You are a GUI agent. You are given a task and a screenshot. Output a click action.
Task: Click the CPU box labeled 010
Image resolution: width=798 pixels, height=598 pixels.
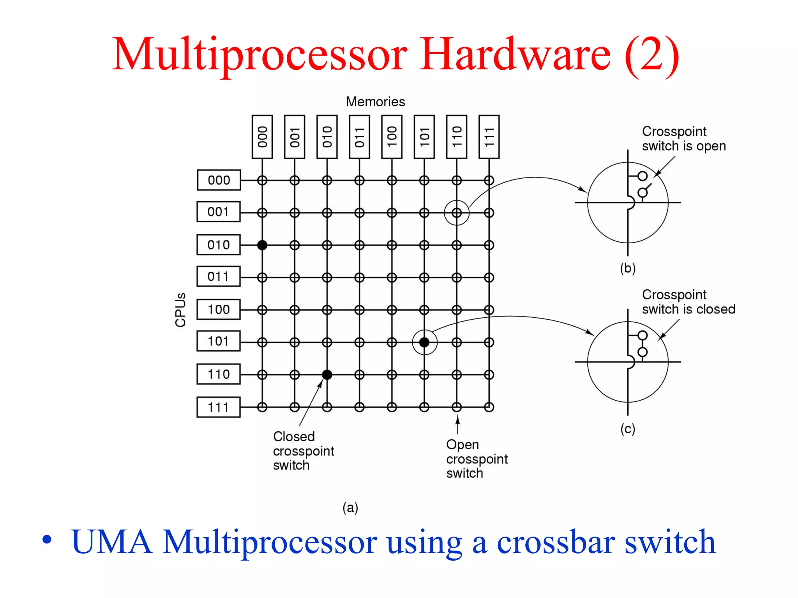click(218, 245)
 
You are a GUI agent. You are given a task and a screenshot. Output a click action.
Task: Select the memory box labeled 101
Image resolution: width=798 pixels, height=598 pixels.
click(424, 137)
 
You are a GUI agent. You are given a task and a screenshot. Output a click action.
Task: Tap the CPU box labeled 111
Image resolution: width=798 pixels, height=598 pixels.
click(218, 407)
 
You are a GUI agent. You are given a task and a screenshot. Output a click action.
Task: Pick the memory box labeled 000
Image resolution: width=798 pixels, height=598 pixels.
click(262, 137)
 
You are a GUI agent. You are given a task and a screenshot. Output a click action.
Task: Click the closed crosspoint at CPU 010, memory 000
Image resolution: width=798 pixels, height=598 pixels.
click(262, 245)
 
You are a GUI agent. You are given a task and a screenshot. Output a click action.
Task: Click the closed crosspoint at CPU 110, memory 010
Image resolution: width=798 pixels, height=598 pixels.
click(327, 375)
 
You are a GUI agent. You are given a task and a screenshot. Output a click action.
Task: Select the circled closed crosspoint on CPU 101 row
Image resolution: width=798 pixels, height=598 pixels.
click(424, 342)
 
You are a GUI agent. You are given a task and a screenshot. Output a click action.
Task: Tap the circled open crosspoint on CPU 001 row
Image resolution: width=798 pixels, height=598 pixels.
click(457, 213)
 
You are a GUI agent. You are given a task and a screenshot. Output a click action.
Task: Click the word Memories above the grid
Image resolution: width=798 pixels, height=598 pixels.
click(375, 102)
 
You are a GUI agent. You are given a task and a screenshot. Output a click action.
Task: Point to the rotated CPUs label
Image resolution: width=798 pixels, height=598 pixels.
click(180, 310)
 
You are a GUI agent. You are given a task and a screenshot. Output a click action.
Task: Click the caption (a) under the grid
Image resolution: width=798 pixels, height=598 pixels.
click(350, 507)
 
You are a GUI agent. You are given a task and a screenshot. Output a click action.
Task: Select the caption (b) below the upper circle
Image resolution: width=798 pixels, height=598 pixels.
click(628, 268)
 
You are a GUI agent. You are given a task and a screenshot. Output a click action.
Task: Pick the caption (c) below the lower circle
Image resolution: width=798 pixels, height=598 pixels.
click(628, 429)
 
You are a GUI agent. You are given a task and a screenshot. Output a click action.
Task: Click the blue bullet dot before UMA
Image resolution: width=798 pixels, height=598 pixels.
click(47, 540)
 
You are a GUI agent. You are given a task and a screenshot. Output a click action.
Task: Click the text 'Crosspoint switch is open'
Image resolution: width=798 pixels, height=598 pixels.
click(683, 139)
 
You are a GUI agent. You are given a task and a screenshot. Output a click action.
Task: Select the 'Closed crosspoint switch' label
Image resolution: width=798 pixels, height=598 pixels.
click(303, 451)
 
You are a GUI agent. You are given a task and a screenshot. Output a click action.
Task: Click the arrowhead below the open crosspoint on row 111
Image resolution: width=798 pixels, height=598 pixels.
click(458, 419)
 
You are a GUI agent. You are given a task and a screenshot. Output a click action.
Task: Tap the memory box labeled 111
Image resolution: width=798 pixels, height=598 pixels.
click(489, 137)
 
